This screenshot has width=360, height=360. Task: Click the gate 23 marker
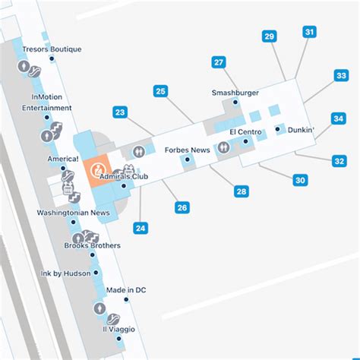(x=120, y=112)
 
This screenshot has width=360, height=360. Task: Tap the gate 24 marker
(x=141, y=227)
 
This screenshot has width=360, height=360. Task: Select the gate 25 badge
(x=160, y=92)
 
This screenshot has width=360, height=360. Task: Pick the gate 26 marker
(x=182, y=207)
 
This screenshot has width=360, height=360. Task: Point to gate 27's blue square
(x=219, y=63)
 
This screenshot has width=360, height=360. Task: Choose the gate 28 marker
(x=241, y=191)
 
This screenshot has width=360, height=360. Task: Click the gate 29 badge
(x=269, y=36)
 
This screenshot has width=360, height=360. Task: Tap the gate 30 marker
(x=301, y=180)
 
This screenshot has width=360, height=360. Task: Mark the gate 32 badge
(x=339, y=160)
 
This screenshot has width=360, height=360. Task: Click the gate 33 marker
(x=341, y=75)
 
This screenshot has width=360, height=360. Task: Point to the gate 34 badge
(x=339, y=118)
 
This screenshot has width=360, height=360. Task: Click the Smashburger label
(x=235, y=93)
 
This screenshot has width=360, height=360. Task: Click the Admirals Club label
(x=123, y=176)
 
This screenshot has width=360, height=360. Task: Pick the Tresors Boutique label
(x=52, y=49)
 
